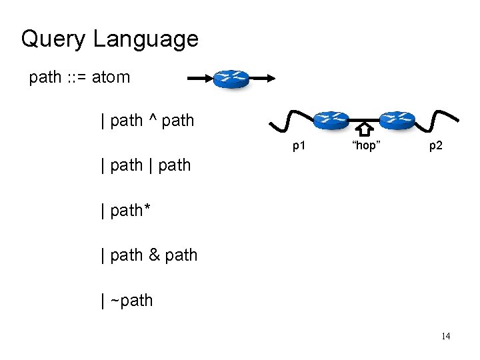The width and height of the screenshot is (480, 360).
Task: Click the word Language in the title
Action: pos(145,39)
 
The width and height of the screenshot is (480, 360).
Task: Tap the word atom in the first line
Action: pos(111,77)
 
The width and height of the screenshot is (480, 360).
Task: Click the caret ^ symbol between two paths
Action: pos(152,120)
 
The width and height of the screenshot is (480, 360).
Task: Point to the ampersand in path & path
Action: pos(153,255)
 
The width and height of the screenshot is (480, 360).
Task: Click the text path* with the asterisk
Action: pos(125,210)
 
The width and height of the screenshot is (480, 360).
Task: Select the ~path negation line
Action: pos(127,301)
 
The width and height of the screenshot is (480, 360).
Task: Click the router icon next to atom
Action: pos(231,79)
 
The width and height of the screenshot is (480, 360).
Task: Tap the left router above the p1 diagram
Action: pos(331,120)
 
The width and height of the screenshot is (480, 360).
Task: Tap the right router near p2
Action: pos(397,120)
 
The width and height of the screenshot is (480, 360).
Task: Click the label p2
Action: pos(435,145)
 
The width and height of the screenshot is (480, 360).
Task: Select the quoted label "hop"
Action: pos(365,145)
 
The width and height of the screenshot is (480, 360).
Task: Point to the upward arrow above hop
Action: pos(365,129)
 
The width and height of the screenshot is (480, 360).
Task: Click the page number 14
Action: pos(445,336)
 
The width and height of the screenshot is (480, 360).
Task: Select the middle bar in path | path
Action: pos(152,165)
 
